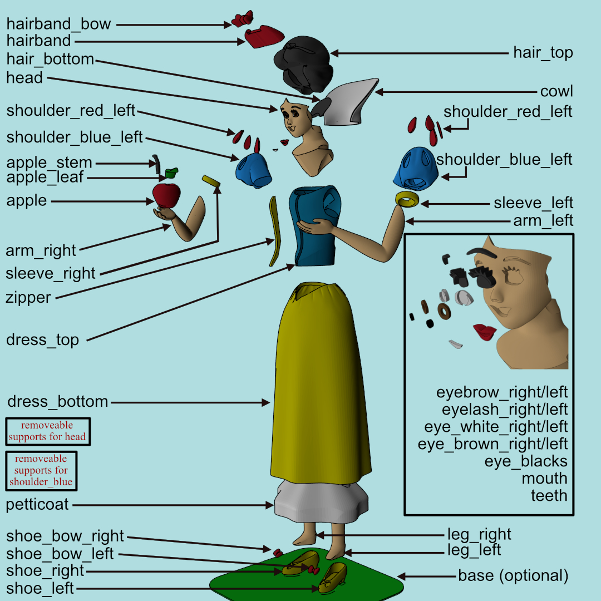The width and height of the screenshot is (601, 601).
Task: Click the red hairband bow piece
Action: pyautogui.click(x=243, y=19)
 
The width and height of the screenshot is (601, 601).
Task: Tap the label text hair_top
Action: pyautogui.click(x=543, y=53)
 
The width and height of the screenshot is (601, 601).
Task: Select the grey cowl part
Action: pyautogui.click(x=348, y=100)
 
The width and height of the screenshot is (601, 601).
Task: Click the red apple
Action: pyautogui.click(x=166, y=195)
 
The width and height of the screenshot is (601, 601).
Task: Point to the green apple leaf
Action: pyautogui.click(x=170, y=173)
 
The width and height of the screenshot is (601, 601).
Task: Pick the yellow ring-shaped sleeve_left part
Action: pyautogui.click(x=407, y=199)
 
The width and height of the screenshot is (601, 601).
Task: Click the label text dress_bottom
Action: pyautogui.click(x=58, y=402)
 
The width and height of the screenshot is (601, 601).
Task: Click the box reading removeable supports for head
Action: pyautogui.click(x=47, y=431)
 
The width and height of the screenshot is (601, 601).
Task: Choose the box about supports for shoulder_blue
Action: pyautogui.click(x=41, y=470)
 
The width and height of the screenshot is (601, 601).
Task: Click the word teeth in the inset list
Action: pyautogui.click(x=549, y=495)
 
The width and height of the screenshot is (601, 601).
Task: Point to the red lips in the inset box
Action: pyautogui.click(x=485, y=332)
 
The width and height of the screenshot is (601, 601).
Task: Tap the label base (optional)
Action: pyautogui.click(x=513, y=575)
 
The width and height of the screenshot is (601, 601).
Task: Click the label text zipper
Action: pyautogui.click(x=28, y=297)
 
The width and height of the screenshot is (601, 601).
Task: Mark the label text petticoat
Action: pyautogui.click(x=37, y=505)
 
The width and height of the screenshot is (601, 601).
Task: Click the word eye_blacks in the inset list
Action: pyautogui.click(x=526, y=461)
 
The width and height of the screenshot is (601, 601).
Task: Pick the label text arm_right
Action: pyautogui.click(x=41, y=251)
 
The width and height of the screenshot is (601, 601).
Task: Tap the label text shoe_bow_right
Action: pyautogui.click(x=65, y=536)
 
